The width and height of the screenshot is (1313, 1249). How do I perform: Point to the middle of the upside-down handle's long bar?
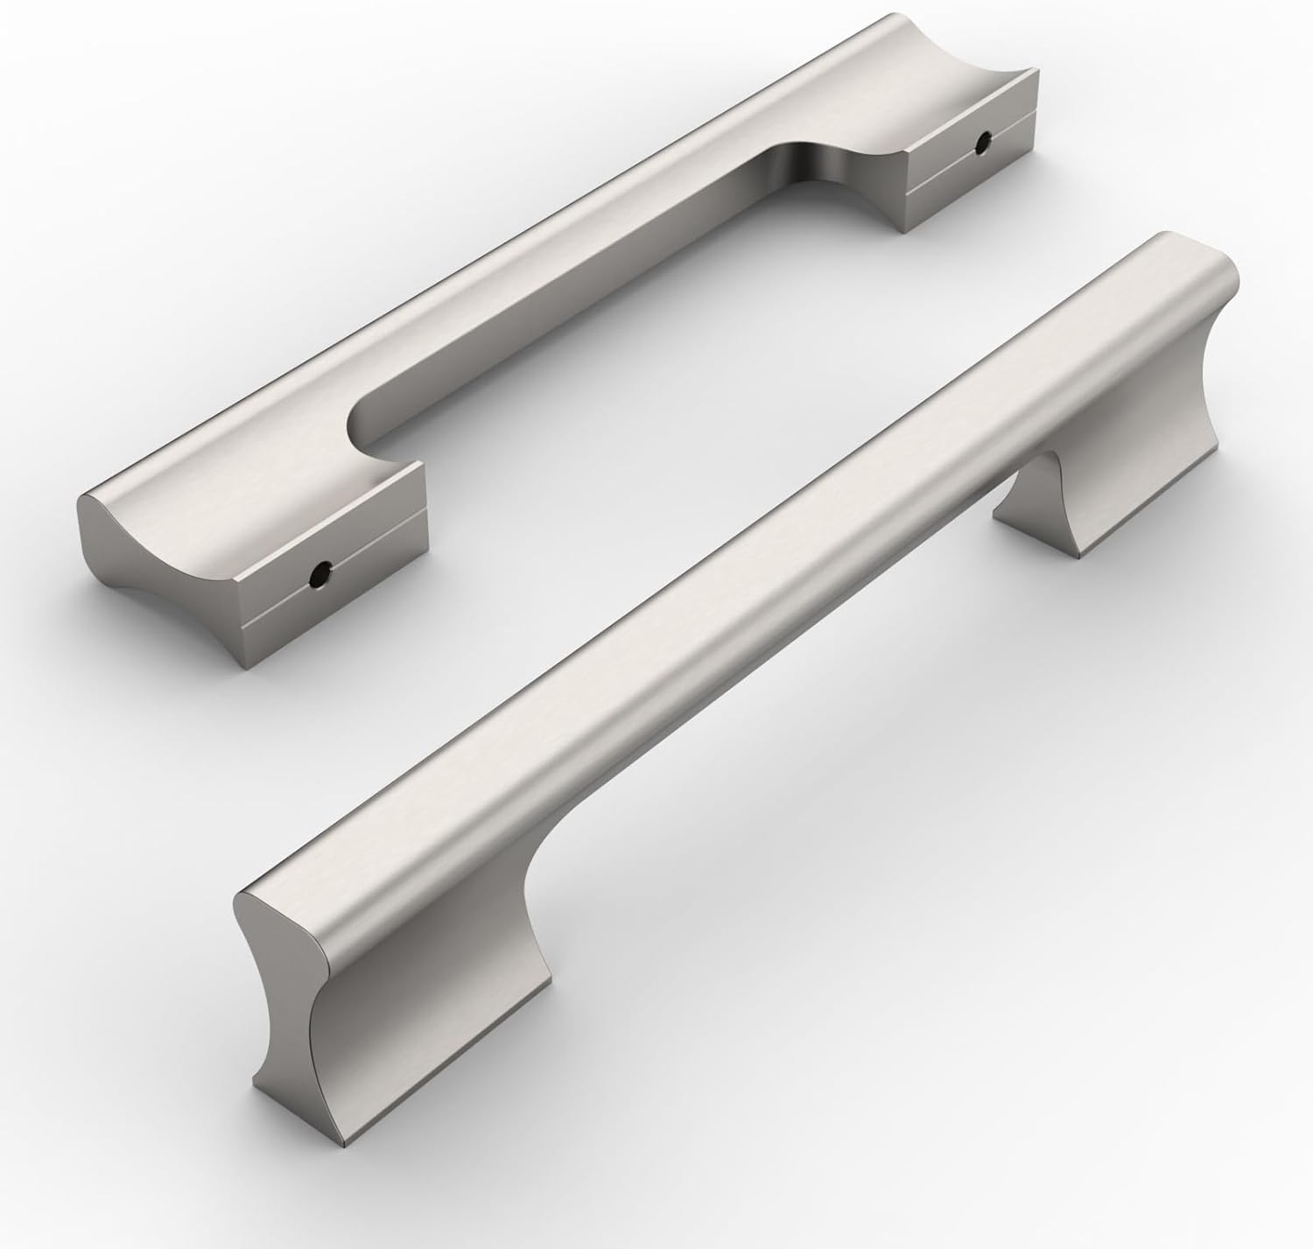490,289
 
